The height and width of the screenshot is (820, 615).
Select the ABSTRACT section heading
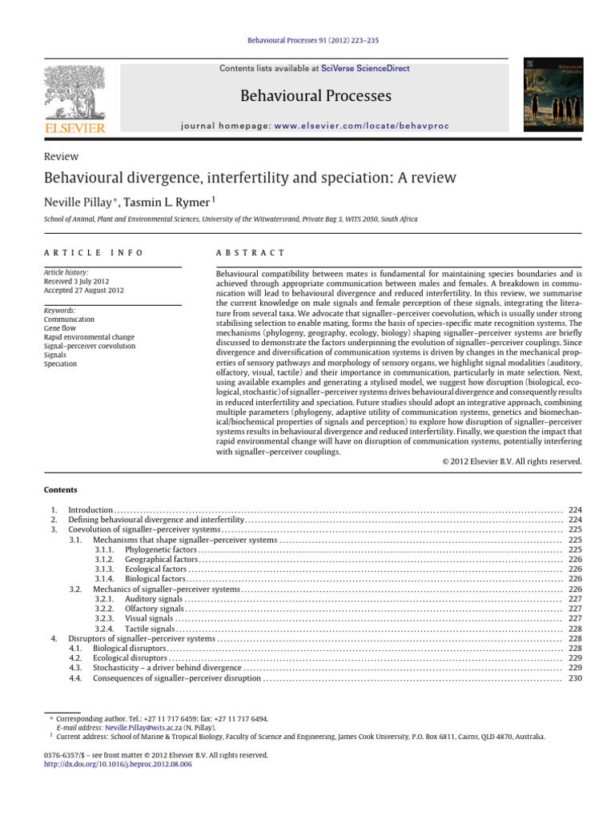(251, 252)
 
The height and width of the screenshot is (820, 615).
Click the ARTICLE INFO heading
(94, 252)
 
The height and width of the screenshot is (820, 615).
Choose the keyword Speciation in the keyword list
(61, 364)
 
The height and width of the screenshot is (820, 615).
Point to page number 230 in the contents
(574, 678)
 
